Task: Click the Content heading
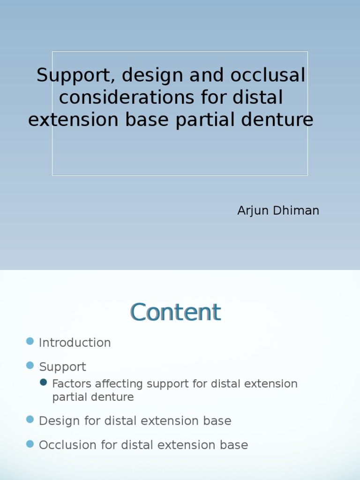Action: (x=175, y=312)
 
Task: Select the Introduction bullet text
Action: (x=75, y=343)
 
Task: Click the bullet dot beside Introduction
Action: (x=30, y=341)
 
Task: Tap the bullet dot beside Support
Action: (x=30, y=365)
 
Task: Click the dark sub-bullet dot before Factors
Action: (x=44, y=382)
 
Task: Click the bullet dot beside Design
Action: (x=30, y=420)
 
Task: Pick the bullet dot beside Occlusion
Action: (x=30, y=443)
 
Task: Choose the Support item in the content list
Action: (x=62, y=367)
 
